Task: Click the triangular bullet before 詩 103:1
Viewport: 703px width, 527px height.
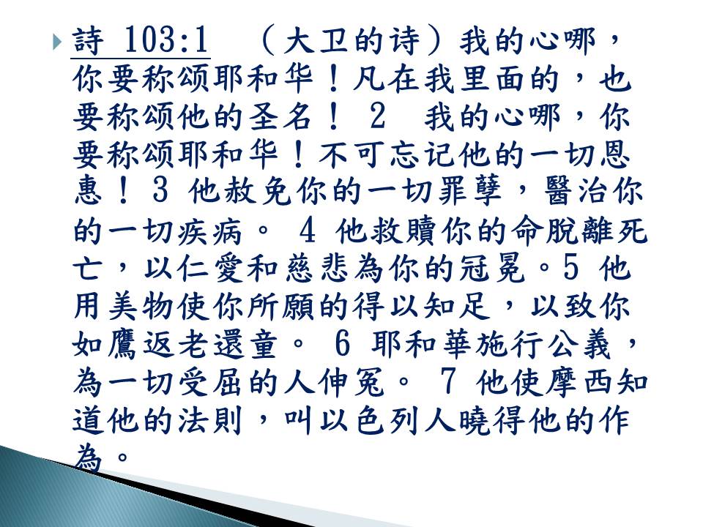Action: [x=56, y=42]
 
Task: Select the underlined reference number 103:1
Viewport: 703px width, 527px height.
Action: [x=165, y=40]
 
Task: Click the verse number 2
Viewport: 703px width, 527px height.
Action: [x=378, y=117]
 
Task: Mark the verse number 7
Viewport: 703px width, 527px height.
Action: [x=448, y=384]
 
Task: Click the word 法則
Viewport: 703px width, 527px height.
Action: [x=210, y=422]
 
